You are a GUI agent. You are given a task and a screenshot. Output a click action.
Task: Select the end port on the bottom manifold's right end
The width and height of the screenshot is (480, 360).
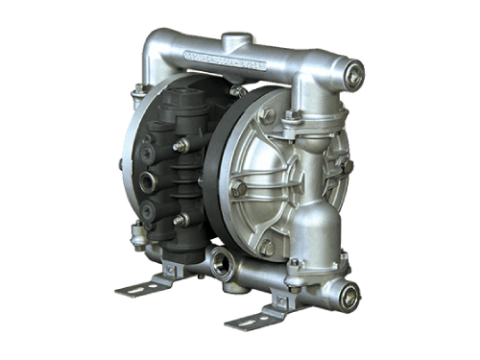(x=348, y=296)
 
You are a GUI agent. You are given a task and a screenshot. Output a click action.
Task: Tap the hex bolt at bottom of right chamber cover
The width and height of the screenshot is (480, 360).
(x=266, y=247)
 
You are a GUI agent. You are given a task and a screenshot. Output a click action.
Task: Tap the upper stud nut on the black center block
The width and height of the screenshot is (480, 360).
(x=180, y=145)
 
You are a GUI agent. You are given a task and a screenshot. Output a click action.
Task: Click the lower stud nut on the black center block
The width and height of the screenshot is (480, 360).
(x=180, y=220)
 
